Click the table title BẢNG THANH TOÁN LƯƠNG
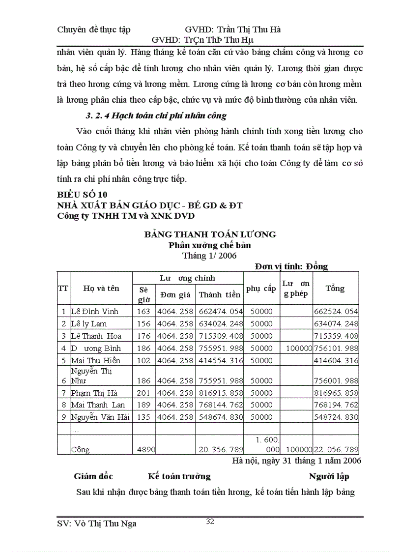coord(210,234)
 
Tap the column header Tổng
coord(335,289)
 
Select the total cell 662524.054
coord(336,312)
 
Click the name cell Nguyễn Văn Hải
coord(101,417)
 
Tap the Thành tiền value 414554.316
coord(220,360)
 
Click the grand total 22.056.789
coord(336,450)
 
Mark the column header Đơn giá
coord(175,295)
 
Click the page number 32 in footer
coord(210,522)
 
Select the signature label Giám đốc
coord(93,476)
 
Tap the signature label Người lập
coord(329,476)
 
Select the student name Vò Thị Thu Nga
coord(97,523)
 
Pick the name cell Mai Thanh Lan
coord(98,405)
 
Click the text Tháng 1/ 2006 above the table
coord(209,256)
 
